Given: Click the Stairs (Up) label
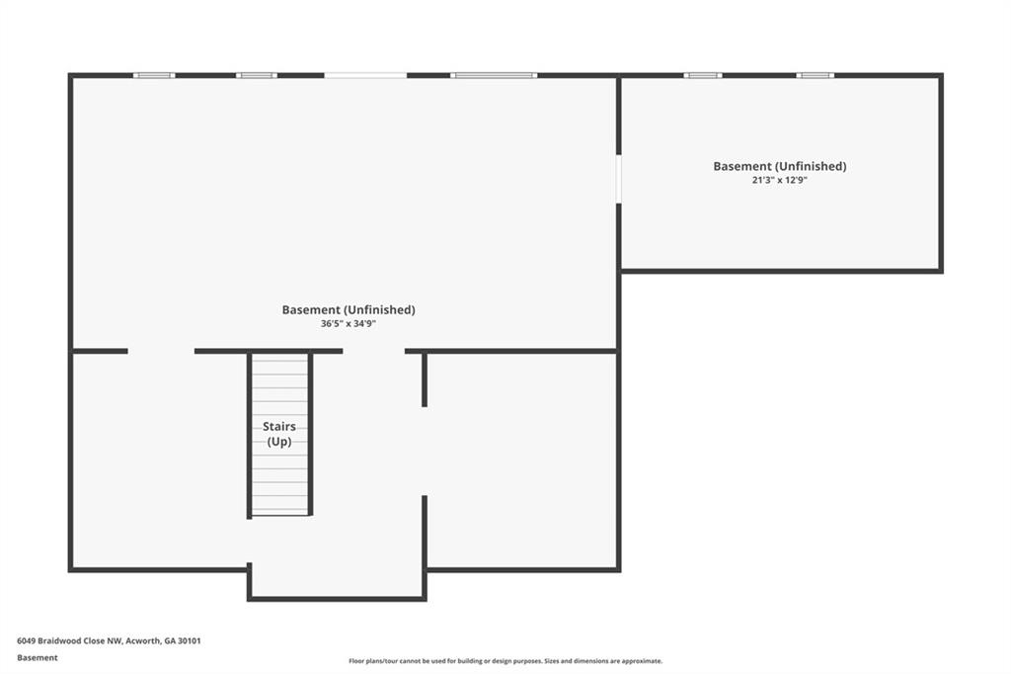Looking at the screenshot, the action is [279, 434].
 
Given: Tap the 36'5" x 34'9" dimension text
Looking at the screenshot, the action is [349, 323].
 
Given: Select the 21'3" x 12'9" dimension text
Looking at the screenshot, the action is [780, 180].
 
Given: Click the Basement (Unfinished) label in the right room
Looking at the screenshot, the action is [780, 166].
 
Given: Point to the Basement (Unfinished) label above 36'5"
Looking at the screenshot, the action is [349, 309].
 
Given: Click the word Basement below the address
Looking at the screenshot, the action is [38, 658].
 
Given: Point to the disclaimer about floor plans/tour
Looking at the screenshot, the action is [505, 661].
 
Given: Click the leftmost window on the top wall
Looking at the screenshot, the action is [154, 75].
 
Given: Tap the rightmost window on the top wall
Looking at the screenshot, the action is [815, 75].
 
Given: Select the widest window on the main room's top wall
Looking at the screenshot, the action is [494, 75].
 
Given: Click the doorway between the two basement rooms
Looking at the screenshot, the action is [618, 179].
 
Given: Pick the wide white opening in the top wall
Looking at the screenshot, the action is [365, 75].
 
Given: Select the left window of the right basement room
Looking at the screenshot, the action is [703, 75].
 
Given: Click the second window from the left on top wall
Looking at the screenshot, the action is [257, 75].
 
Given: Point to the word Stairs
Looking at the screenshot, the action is [279, 427].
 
